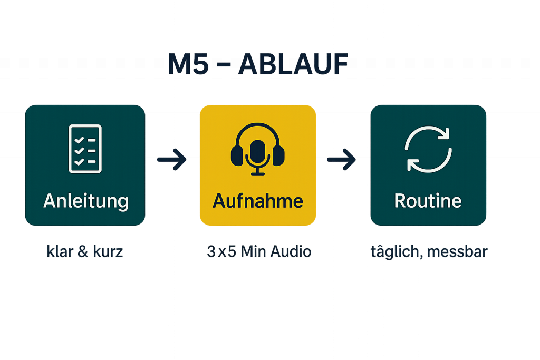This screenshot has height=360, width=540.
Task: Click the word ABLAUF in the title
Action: [x=294, y=64]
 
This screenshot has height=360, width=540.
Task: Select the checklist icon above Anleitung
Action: [x=85, y=149]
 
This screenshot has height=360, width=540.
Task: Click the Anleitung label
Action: [x=85, y=201]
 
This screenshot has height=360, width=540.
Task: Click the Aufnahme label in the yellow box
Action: [x=258, y=201]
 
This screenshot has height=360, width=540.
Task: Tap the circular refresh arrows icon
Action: [x=428, y=149]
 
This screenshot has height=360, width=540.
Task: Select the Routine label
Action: [x=428, y=201]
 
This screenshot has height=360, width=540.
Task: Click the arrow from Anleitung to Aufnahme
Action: [x=172, y=160]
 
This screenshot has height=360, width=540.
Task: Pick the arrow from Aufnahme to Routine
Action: [x=342, y=160]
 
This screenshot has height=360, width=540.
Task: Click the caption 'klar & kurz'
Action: [x=85, y=252]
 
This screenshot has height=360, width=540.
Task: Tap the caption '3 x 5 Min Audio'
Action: [x=258, y=252]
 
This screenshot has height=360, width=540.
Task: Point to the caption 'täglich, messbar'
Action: [x=428, y=252]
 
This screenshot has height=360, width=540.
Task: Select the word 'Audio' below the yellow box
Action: [x=291, y=252]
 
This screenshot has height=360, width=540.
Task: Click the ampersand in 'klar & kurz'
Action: [x=82, y=252]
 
